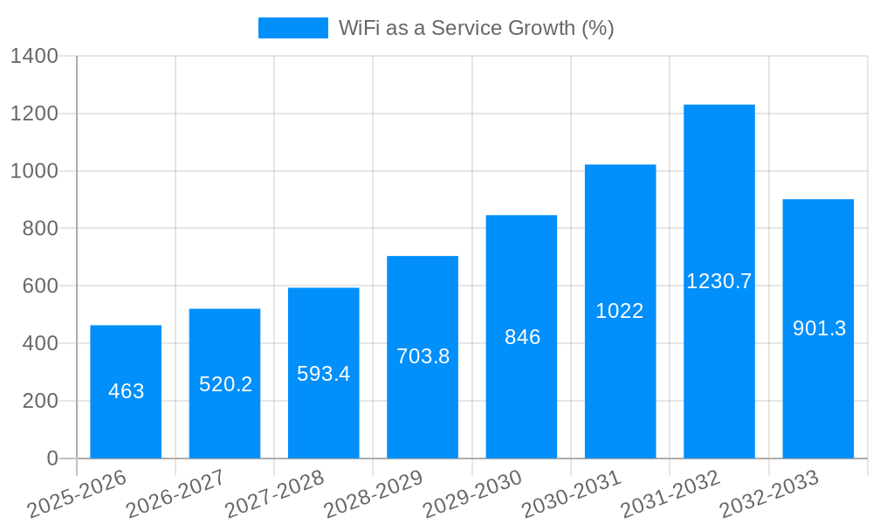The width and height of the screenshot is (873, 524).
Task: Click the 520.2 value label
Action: click(225, 384)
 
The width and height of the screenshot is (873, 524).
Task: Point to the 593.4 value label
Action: click(324, 374)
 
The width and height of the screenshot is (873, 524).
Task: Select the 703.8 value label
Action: click(423, 356)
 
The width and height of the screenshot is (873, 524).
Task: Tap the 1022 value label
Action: click(620, 311)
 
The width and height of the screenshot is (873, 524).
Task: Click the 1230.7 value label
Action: click(719, 281)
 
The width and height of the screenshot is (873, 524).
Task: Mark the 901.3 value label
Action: click(819, 328)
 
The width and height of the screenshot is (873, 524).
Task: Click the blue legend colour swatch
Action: click(293, 28)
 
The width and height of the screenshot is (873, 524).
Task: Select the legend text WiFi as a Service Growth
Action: click(477, 28)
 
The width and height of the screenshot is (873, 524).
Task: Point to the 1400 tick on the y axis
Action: click(34, 57)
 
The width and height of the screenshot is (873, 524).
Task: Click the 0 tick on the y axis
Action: click(52, 458)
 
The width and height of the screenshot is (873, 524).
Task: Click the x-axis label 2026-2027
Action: click(175, 494)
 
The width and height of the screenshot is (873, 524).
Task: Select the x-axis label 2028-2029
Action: click(374, 494)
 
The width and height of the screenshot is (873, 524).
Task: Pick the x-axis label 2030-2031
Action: click(572, 494)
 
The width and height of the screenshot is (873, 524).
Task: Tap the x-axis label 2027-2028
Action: click(275, 494)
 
